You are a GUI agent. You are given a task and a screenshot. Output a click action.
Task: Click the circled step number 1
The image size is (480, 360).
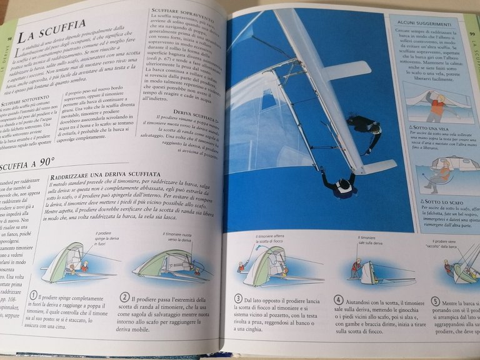tap(34, 295)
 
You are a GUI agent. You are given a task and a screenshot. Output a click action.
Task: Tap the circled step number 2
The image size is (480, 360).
tap(126, 297)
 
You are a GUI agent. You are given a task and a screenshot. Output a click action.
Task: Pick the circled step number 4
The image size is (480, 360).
tap(338, 300)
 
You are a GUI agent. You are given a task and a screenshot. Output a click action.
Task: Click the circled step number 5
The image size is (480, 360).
tap(434, 301)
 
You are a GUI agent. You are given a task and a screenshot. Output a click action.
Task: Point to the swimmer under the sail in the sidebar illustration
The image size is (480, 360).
tap(437, 105)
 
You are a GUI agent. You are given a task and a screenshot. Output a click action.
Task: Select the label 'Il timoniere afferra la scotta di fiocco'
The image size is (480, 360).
tap(272, 239)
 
